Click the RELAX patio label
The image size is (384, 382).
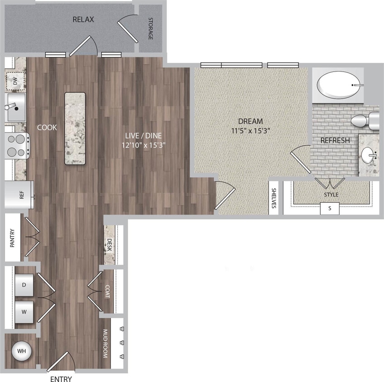(x=83, y=19)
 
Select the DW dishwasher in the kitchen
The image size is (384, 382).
(x=15, y=81)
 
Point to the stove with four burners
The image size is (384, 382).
(x=17, y=145)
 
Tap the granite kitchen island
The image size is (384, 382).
(x=75, y=129)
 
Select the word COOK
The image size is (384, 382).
(x=47, y=128)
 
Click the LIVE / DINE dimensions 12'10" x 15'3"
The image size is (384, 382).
(x=144, y=145)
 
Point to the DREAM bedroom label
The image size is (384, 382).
(x=250, y=121)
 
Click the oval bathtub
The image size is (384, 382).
(x=340, y=85)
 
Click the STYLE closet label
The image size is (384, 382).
(x=331, y=195)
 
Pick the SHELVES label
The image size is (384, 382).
(x=274, y=198)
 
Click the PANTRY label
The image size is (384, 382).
(x=13, y=238)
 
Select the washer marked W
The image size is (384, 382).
(x=24, y=311)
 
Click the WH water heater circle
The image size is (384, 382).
(x=21, y=351)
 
